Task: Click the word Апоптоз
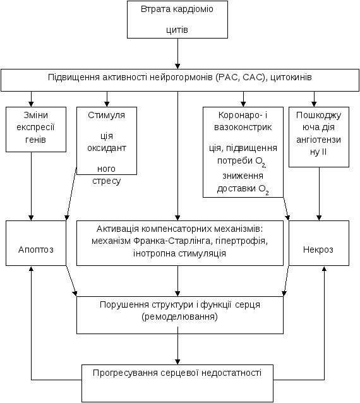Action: (x=36, y=250)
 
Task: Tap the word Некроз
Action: (x=318, y=250)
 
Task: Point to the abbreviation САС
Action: (x=255, y=77)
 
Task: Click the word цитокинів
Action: (x=291, y=77)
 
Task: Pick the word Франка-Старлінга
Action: (x=171, y=241)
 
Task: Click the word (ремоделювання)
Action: (x=179, y=316)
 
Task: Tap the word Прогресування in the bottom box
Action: (x=125, y=373)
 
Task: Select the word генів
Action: (x=35, y=140)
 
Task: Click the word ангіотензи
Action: (x=318, y=140)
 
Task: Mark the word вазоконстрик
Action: (x=243, y=127)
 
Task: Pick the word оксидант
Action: (x=107, y=148)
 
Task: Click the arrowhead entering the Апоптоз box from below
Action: (x=31, y=268)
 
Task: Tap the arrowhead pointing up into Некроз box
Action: (x=324, y=268)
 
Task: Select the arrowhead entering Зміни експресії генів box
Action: (x=31, y=104)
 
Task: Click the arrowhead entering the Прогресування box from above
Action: (x=177, y=361)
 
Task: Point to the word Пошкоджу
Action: (x=318, y=116)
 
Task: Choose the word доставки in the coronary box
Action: (x=236, y=189)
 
